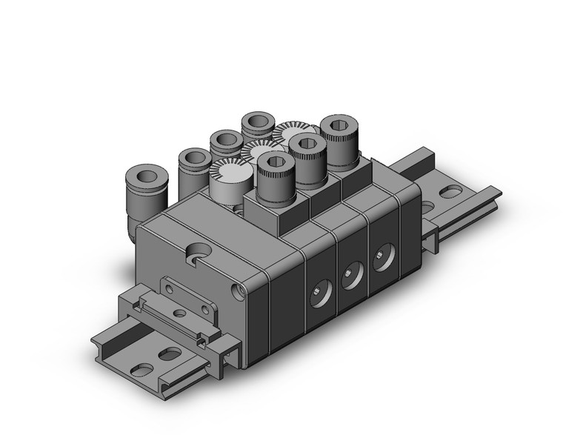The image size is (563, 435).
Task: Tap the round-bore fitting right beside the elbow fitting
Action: click(x=195, y=162)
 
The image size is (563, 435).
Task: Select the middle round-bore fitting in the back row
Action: click(x=225, y=142)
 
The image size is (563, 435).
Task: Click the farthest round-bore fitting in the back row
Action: click(x=258, y=122)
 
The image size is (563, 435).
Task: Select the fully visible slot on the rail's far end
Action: click(x=450, y=191)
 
